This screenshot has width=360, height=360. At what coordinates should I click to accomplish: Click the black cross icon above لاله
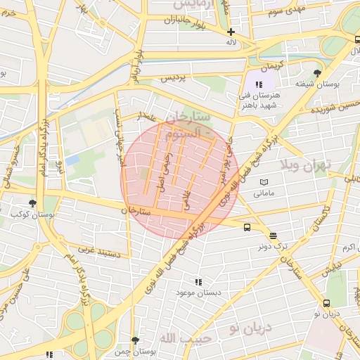[x=231, y=32]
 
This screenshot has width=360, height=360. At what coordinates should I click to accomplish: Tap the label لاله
[x=231, y=43]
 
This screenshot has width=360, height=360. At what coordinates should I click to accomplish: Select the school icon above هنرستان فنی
[x=259, y=84]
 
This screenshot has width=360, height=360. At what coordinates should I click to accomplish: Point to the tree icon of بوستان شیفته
[x=318, y=72]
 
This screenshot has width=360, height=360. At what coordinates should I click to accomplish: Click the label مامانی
[x=264, y=193]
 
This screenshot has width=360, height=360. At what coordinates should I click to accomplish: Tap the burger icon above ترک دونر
[x=273, y=236]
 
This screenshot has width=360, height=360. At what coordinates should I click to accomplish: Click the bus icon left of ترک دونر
[x=247, y=227]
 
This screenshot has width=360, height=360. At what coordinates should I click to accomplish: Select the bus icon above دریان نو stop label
[x=326, y=303]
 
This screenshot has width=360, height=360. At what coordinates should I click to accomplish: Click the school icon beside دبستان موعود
[x=198, y=281]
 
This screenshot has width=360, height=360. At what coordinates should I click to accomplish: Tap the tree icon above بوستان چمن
[x=136, y=340]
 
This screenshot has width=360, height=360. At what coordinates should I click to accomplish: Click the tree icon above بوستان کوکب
[x=32, y=203]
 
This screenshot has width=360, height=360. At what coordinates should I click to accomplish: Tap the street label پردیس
[x=176, y=79]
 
